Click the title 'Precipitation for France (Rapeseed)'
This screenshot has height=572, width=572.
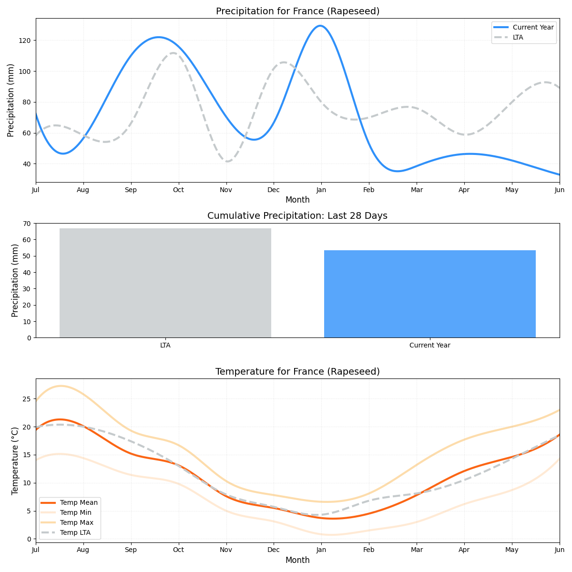click(x=297, y=11)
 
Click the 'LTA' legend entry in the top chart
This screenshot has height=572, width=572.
click(x=518, y=37)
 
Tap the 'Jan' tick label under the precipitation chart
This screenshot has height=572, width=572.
click(x=321, y=190)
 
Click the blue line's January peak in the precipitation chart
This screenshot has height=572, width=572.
click(x=319, y=26)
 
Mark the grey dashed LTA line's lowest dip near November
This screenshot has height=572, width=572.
click(x=228, y=161)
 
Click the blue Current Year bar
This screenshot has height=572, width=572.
click(x=429, y=294)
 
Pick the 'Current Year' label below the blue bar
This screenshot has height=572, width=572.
click(x=429, y=346)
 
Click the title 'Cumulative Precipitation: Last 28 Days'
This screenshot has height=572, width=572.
click(x=297, y=216)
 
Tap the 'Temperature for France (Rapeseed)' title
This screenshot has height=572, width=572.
click(x=297, y=372)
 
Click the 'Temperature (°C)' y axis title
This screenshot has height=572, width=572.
click(x=15, y=460)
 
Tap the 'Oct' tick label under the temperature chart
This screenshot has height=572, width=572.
click(x=178, y=550)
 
